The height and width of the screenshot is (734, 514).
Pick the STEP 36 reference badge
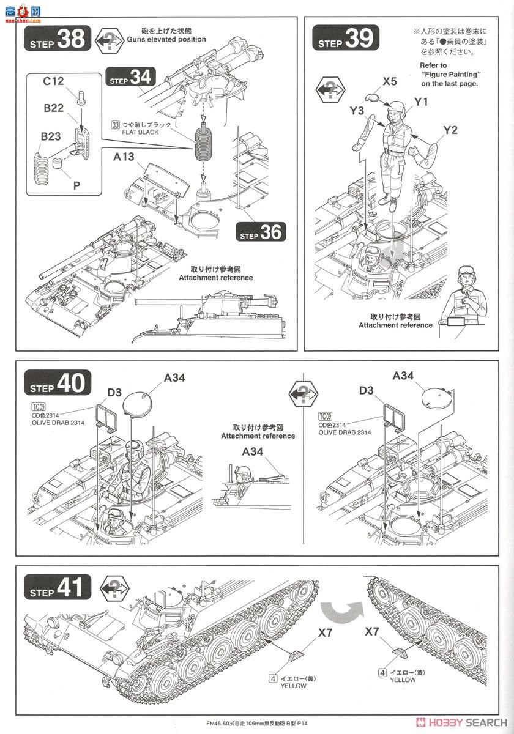pos(261,232)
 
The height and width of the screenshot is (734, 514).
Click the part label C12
pos(54,80)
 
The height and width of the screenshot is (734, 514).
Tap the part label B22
pos(54,108)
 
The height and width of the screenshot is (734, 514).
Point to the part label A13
pos(124,157)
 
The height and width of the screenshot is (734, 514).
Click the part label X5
pos(390,81)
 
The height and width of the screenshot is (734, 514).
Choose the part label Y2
pos(450,130)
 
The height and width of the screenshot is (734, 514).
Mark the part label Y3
pos(357,110)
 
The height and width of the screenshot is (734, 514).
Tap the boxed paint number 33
pos(115,125)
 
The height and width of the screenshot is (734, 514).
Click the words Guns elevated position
pos(166,39)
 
